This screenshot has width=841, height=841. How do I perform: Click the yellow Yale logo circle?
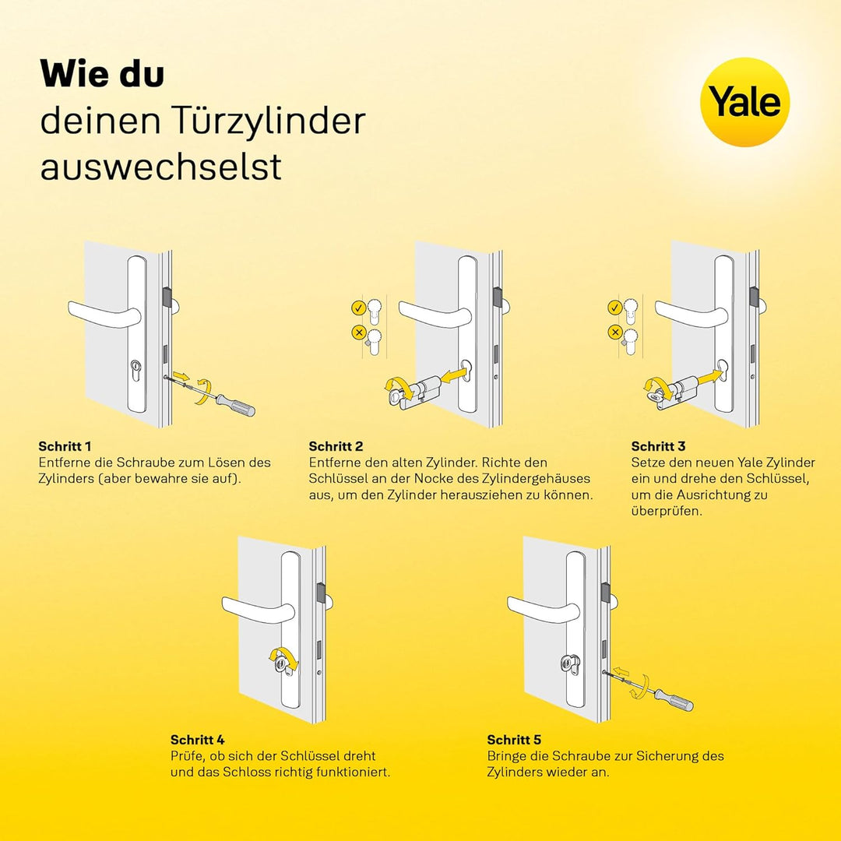tap(744, 102)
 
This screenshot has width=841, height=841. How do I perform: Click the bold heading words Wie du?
tap(102, 73)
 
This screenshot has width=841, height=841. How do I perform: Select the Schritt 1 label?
tap(65, 446)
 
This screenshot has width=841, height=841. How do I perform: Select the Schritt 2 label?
tap(336, 446)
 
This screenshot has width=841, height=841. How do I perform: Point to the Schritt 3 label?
tap(658, 446)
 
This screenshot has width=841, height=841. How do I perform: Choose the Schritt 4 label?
tap(197, 740)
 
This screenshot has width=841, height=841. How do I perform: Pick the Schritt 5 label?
tap(514, 740)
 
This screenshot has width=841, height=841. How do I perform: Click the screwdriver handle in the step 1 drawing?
tap(238, 406)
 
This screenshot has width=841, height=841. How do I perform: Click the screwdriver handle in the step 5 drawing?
tap(676, 700)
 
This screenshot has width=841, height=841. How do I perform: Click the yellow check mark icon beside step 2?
tap(358, 308)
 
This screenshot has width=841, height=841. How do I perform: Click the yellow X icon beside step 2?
tap(358, 333)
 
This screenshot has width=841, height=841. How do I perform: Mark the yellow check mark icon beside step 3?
tap(614, 308)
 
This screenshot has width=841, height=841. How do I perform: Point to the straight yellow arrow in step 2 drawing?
tap(453, 375)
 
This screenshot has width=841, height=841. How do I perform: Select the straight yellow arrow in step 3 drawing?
tap(709, 375)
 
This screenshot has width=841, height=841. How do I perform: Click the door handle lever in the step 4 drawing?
tap(259, 609)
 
